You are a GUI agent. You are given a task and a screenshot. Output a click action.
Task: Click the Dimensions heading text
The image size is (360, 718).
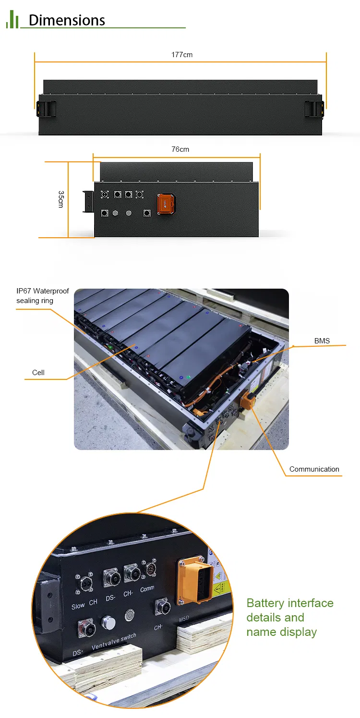[x=67, y=20]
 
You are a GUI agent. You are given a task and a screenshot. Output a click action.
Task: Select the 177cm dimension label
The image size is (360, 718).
[x=182, y=55]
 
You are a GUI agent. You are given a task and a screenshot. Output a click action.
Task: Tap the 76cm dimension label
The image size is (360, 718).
[x=180, y=149]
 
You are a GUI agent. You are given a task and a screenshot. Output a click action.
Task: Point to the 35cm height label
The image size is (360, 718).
[x=61, y=199]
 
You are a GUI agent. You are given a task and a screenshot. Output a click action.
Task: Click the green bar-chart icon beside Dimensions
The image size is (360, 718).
[x=12, y=20]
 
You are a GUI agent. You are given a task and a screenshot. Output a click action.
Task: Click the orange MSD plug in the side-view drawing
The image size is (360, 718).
[x=166, y=203]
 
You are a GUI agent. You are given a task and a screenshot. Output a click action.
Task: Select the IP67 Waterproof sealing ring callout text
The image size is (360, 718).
[x=43, y=296]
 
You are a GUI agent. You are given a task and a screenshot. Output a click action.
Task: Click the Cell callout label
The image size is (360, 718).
[x=38, y=373]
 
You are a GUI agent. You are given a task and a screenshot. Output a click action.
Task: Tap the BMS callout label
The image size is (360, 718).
[x=322, y=341]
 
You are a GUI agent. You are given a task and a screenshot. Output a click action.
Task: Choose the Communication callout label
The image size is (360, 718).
[x=314, y=469]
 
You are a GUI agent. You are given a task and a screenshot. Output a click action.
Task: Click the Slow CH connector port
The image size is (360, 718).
[x=85, y=584]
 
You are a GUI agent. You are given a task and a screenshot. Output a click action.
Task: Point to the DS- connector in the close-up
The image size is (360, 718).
[x=111, y=577]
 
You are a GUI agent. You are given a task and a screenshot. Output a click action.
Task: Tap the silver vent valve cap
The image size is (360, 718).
[x=108, y=623]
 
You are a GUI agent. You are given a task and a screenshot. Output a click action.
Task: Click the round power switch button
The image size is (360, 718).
[x=130, y=615]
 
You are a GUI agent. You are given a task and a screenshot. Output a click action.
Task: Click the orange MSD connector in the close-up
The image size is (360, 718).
[x=195, y=580]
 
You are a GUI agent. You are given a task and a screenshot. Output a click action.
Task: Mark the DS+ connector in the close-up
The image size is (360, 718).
[x=86, y=629]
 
